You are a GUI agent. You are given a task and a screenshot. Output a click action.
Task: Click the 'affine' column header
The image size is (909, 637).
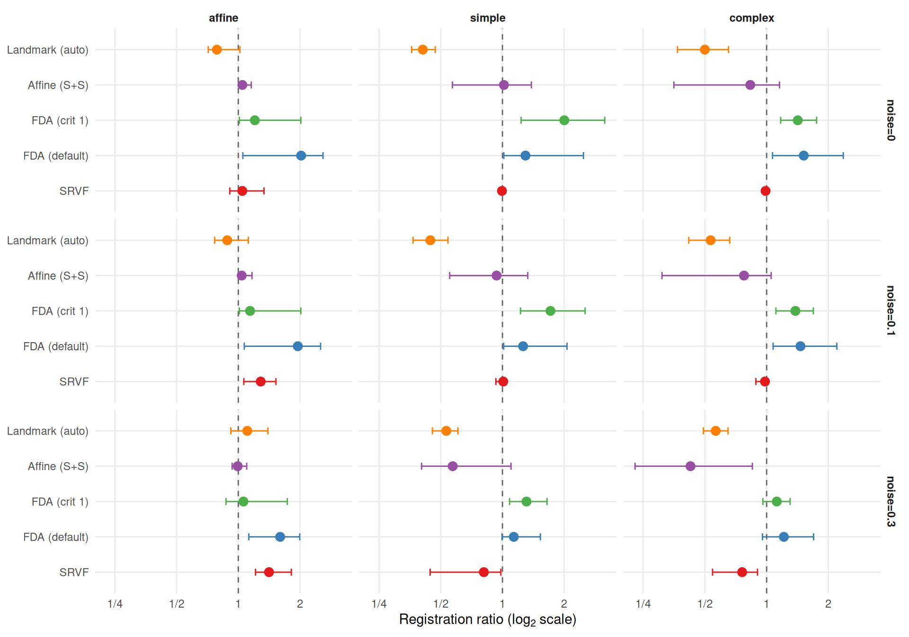(x=223, y=18)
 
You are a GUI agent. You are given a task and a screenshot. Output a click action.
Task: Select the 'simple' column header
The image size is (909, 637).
(x=488, y=18)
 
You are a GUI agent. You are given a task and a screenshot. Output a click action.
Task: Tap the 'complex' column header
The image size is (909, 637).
(x=751, y=18)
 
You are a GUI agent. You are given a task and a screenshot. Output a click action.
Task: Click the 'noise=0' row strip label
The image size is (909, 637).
(x=891, y=120)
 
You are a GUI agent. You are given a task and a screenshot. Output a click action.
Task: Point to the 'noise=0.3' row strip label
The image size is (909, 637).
(x=891, y=501)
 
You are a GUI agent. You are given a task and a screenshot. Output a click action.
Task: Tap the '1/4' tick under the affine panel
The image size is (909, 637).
(x=115, y=604)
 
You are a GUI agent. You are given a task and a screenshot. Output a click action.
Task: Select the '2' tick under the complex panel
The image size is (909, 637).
(x=828, y=604)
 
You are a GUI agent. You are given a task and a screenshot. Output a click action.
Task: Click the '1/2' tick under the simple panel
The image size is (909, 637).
(x=441, y=604)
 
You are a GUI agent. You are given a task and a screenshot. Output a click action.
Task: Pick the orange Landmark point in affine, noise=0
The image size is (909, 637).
(x=217, y=50)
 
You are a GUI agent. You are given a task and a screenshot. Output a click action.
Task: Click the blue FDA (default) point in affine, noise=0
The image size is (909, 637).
(x=301, y=155)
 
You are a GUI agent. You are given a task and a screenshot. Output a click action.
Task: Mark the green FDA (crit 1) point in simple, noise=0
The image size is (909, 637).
(x=564, y=120)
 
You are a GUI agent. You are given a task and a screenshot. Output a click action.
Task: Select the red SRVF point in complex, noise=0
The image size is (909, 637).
(x=766, y=191)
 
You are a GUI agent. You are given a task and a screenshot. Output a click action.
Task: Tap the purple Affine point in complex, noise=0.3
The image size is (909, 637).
(x=690, y=466)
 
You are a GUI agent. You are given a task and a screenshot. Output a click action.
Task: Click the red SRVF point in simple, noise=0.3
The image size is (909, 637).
(x=483, y=572)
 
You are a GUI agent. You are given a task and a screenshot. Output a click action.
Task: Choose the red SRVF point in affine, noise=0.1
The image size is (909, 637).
(x=260, y=382)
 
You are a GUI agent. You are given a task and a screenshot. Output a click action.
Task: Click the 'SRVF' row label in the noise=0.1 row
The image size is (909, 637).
(x=74, y=382)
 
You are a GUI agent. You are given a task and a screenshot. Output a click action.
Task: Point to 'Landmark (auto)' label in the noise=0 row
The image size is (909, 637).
(x=48, y=50)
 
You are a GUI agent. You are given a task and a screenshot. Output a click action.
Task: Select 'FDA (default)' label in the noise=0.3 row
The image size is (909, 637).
(x=56, y=537)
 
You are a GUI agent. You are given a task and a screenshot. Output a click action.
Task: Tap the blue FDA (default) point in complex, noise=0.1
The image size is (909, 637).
(x=800, y=346)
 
